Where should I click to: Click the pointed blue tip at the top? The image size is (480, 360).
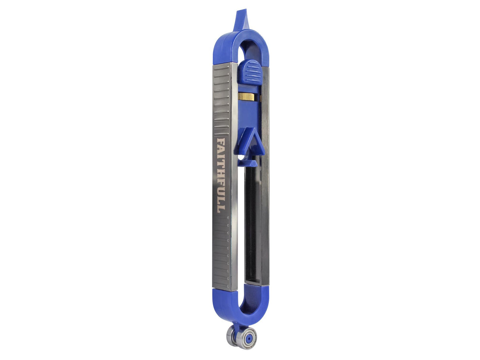[x=241, y=19]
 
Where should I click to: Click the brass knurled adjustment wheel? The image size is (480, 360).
[x=247, y=96]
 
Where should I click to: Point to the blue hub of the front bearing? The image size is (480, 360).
[x=249, y=338]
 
